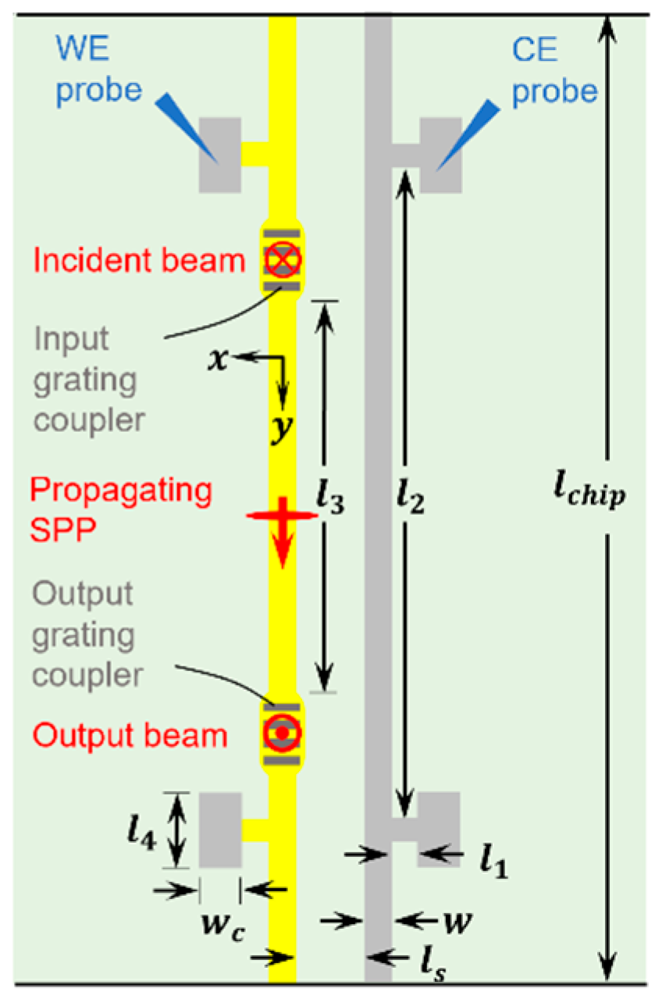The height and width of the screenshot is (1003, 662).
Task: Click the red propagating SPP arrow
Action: [x=282, y=531]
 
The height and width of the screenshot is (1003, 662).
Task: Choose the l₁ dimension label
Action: [x=493, y=862]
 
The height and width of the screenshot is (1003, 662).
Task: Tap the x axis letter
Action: [x=224, y=359]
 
